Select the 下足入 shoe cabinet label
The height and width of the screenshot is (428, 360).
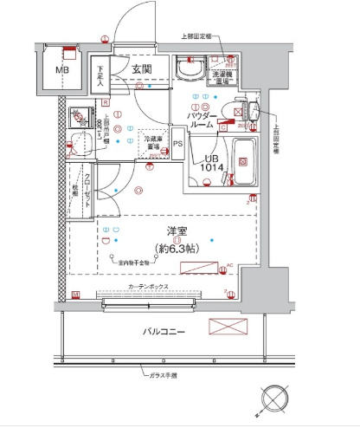(x=101, y=75)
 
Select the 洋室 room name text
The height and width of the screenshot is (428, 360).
(x=179, y=232)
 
